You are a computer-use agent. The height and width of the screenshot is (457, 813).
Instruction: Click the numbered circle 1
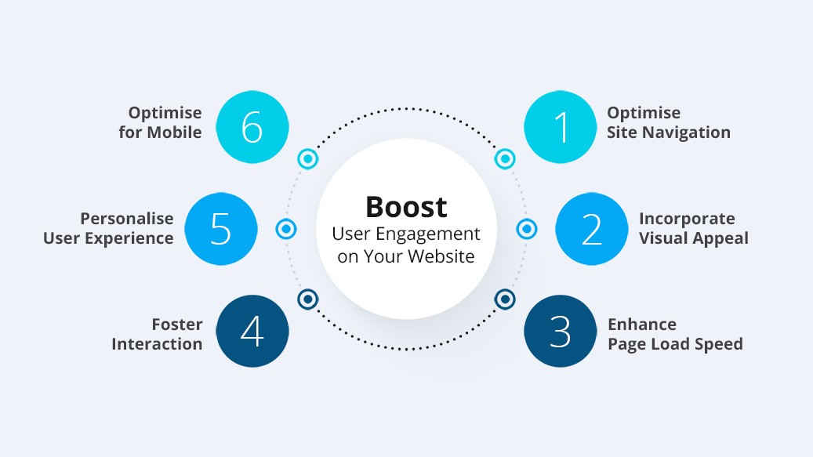click(560, 127)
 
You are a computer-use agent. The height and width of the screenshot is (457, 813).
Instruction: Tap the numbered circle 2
click(592, 229)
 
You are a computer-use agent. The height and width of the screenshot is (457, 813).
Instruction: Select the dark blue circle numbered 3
click(560, 331)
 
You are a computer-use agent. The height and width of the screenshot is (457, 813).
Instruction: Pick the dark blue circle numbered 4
click(252, 331)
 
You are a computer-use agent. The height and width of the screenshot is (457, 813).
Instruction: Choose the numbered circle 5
click(221, 229)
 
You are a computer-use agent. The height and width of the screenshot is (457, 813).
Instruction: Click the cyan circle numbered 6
click(252, 127)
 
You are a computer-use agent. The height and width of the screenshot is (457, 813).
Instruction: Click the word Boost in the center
click(406, 207)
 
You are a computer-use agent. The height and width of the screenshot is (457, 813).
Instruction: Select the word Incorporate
click(687, 219)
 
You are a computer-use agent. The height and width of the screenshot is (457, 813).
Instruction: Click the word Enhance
click(642, 325)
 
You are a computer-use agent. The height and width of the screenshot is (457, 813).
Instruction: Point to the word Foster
click(177, 325)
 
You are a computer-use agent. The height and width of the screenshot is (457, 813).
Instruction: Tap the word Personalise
click(126, 219)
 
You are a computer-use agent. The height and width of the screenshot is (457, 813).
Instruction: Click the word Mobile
click(174, 132)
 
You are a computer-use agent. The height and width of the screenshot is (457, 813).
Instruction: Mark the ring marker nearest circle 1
click(504, 158)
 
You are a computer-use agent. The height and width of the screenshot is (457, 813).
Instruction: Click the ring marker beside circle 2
click(527, 229)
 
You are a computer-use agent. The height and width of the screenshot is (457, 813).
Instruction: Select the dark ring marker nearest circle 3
click(504, 299)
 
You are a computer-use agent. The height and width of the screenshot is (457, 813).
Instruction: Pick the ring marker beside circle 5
click(286, 229)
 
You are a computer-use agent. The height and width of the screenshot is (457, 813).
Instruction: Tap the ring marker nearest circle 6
click(308, 158)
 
